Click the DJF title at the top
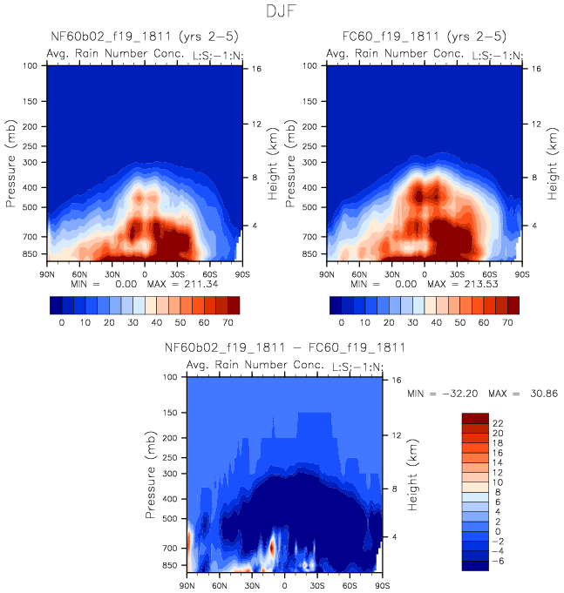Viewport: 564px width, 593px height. [282, 12]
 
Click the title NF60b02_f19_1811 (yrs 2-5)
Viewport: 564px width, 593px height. [144, 36]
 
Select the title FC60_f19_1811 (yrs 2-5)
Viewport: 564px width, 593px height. [424, 36]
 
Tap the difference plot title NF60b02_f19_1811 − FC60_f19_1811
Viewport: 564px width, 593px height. [284, 347]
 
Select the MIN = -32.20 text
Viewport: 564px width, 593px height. [445, 394]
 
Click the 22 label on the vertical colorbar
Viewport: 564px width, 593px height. [498, 421]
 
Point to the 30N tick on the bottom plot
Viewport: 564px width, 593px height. [252, 586]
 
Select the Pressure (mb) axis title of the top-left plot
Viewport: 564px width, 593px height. [12, 165]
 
